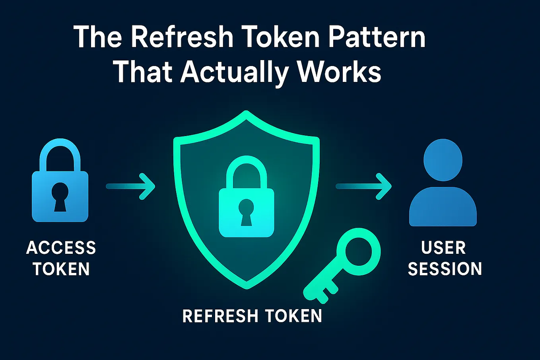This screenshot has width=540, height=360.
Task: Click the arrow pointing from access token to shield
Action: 131,186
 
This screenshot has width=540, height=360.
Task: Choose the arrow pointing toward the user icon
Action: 364,186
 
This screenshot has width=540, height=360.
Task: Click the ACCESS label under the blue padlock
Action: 61,248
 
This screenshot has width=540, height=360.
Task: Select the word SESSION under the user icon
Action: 445,269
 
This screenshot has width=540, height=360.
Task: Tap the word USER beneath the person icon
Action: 443,248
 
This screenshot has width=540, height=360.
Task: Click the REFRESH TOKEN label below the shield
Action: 252,316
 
